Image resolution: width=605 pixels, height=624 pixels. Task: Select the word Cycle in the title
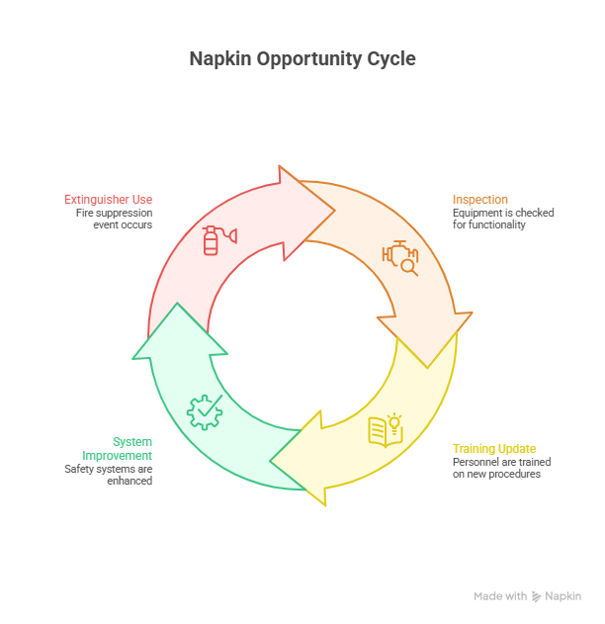click(388, 59)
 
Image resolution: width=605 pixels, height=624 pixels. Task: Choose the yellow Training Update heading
click(494, 448)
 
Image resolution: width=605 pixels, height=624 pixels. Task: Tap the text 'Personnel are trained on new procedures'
click(501, 468)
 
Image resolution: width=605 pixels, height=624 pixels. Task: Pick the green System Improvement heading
click(131, 448)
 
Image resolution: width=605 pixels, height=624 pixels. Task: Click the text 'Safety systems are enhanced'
click(109, 475)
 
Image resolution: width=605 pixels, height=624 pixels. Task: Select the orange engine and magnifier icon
click(400, 257)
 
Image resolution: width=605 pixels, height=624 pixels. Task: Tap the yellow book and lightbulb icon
click(386, 429)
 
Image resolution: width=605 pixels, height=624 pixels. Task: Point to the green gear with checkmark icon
click(204, 411)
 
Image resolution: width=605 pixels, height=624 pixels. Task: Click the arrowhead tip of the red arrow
click(335, 210)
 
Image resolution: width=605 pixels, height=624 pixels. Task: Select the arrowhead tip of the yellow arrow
click(272, 460)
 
